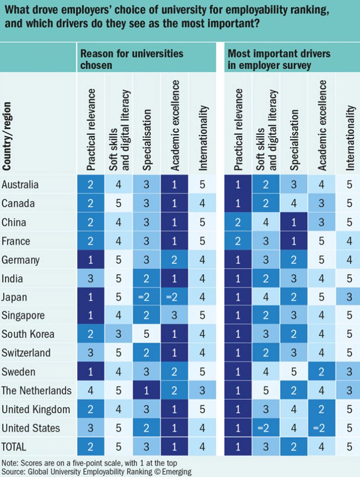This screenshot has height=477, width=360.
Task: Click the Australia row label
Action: point(20,185)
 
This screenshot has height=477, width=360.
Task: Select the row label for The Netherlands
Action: point(37,391)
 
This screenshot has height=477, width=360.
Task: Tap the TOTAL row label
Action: point(15,446)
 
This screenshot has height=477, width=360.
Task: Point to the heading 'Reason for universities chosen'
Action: point(132,59)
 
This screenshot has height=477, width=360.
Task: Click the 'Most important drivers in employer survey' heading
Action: point(279,59)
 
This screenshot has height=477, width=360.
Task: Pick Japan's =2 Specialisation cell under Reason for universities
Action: point(147,297)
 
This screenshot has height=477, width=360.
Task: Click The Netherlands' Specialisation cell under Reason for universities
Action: point(147,391)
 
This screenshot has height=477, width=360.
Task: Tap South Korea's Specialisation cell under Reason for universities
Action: point(147,334)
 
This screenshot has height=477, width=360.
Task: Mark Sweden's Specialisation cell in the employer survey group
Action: point(294,372)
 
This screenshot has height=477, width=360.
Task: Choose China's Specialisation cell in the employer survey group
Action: point(294,222)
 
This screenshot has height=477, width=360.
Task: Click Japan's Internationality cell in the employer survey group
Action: point(349,297)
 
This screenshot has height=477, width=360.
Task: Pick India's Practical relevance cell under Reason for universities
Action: point(91,278)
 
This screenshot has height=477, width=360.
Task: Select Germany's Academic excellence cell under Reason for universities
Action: point(175,260)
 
